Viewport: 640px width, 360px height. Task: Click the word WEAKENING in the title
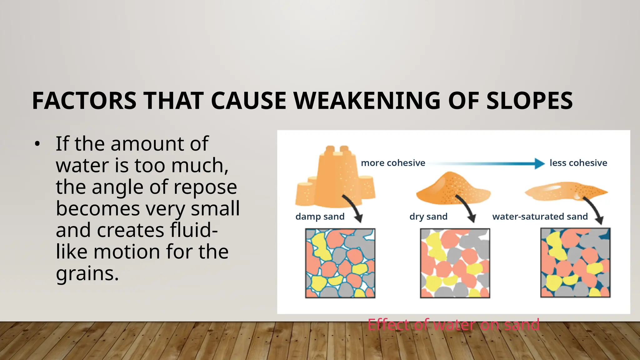click(x=366, y=101)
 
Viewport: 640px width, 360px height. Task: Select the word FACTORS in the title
click(x=84, y=101)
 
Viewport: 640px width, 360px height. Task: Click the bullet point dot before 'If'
click(x=37, y=144)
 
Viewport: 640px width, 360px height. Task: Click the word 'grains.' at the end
click(x=87, y=273)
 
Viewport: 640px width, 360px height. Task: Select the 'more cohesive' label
click(x=393, y=163)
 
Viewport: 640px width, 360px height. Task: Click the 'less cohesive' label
click(x=578, y=163)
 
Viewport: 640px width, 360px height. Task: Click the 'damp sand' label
click(x=320, y=216)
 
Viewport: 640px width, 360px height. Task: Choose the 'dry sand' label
click(x=428, y=216)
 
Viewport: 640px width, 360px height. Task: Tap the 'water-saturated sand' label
click(x=540, y=216)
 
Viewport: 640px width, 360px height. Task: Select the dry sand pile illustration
click(x=453, y=189)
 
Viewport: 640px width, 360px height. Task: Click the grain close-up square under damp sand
click(x=340, y=263)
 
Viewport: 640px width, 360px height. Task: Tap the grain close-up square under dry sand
click(x=455, y=263)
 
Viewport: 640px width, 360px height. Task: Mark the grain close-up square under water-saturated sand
click(x=575, y=263)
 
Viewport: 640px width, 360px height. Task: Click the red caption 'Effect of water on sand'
click(x=453, y=324)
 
